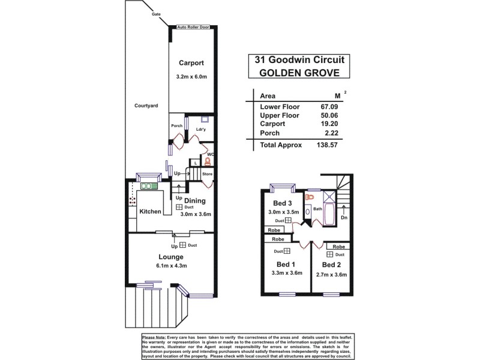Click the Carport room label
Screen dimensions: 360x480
click(191, 62)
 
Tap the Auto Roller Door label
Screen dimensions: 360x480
click(193, 28)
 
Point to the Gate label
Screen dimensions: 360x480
click(155, 11)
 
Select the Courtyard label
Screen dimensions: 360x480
click(146, 106)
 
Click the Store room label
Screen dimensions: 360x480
click(207, 174)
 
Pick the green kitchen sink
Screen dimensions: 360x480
click(148, 186)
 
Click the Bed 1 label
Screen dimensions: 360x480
click(286, 264)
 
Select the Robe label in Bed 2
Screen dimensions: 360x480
click(338, 247)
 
